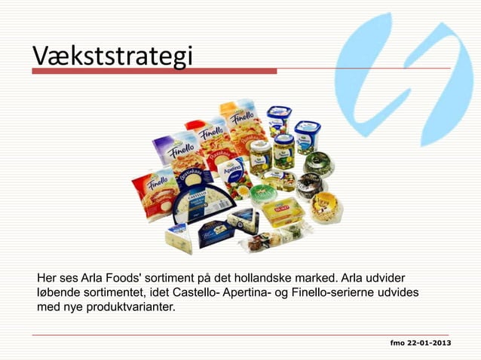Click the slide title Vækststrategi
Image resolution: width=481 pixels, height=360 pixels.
pos(112,56)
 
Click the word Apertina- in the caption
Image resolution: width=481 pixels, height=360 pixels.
pos(253,291)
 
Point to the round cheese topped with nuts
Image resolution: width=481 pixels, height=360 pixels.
pos(324,204)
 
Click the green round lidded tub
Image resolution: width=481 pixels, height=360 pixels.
pos(263,194)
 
